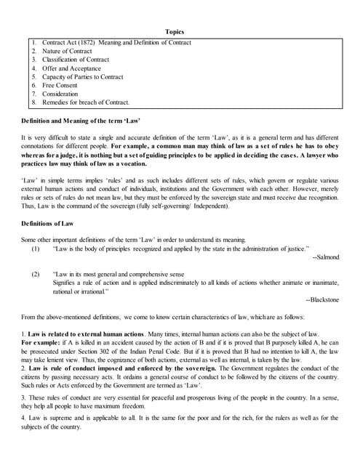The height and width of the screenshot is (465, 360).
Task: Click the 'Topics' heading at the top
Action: tap(175, 32)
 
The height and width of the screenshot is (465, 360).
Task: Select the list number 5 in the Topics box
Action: tap(34, 76)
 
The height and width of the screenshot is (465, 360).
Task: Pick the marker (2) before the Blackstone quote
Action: tap(35, 274)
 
